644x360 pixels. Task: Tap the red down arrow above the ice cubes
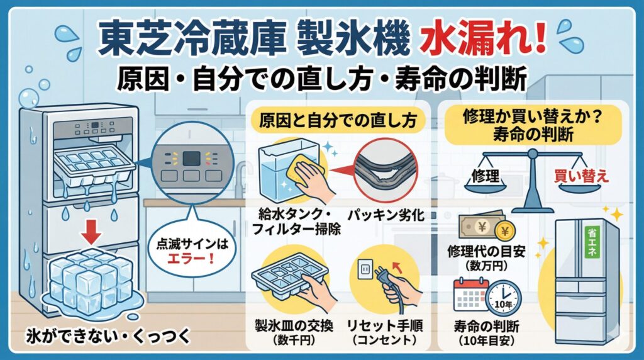coord(92,235)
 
